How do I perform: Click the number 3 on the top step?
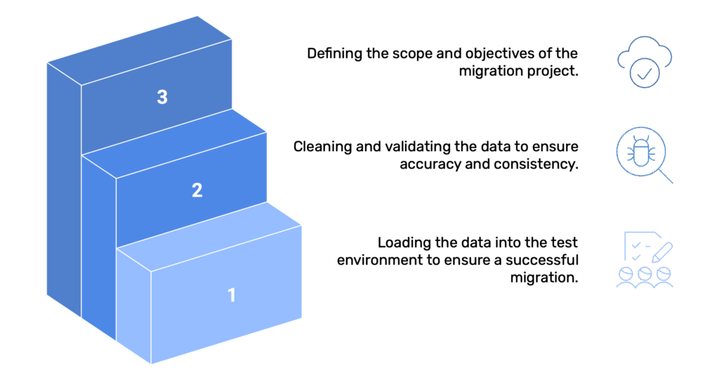162,97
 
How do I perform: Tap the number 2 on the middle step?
197,190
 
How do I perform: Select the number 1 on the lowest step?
232,295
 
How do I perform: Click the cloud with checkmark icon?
645,61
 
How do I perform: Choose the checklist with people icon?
645,259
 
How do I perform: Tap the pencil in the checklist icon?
661,249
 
